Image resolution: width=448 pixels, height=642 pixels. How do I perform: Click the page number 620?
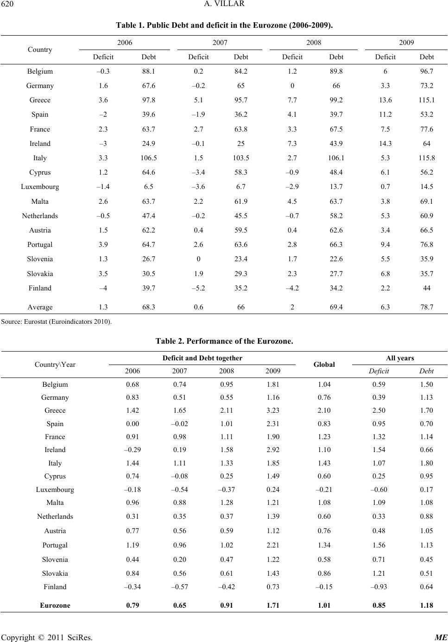coord(7,4)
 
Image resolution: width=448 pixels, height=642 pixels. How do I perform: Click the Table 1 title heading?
coord(224,25)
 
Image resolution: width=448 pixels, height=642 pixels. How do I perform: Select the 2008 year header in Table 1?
coord(314,43)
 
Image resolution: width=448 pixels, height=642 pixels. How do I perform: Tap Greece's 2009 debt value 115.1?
coord(426,100)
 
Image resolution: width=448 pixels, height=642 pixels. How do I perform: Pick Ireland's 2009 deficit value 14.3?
coord(385,143)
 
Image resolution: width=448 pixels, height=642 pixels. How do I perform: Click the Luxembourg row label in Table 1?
coord(40,187)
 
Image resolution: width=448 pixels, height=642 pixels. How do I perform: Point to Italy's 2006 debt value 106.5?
coord(148,158)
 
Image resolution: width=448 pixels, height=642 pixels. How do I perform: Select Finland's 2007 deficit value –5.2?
coord(198,288)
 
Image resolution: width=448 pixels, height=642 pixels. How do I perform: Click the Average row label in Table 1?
coord(40,307)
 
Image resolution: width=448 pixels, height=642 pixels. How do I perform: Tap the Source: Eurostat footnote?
coord(56,321)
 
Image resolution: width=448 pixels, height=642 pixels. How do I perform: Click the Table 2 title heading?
coord(224,341)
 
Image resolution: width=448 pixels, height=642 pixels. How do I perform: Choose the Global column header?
coord(324,365)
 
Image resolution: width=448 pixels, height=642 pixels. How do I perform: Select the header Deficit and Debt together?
coord(202,358)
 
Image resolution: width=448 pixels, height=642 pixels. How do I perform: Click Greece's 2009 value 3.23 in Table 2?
coord(272,410)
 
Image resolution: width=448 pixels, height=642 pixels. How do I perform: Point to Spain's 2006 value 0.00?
coord(133,424)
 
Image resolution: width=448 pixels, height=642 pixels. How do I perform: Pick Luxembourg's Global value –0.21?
coord(324,490)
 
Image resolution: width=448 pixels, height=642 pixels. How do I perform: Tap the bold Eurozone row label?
coord(55,605)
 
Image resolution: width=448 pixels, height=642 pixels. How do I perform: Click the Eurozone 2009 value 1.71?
coord(272,605)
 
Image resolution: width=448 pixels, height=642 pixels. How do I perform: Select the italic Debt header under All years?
coord(426,371)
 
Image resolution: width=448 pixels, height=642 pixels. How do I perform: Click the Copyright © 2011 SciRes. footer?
coord(47,637)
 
